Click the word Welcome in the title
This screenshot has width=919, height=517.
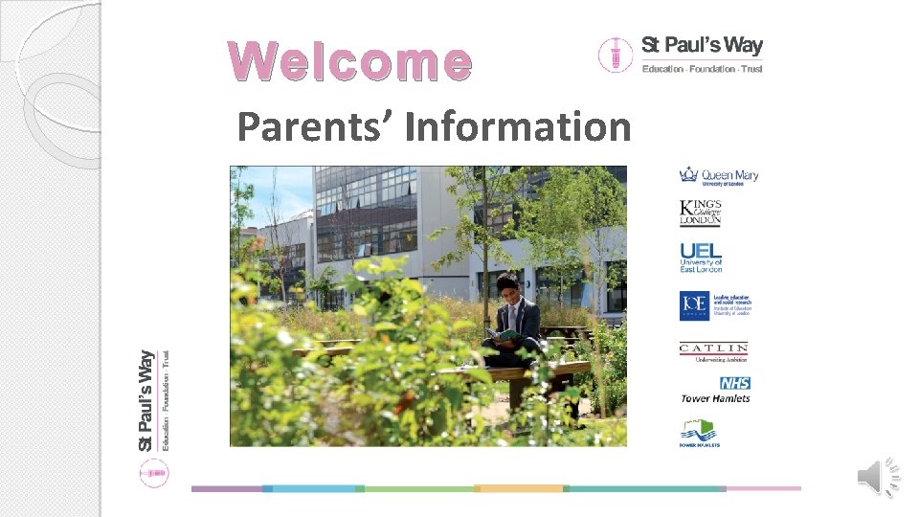(x=350, y=61)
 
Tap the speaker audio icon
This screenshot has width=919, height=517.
(x=880, y=476)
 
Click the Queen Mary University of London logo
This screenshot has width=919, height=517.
(x=718, y=175)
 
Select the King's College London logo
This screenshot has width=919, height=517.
(x=700, y=213)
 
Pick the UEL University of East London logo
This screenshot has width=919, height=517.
(x=701, y=257)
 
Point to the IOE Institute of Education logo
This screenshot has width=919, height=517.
(x=715, y=305)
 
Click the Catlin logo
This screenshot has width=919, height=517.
(x=713, y=351)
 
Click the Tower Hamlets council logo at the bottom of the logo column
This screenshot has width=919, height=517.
(x=699, y=433)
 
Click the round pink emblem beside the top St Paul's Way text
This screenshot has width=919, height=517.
(x=614, y=55)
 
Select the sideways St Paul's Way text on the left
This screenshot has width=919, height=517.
(x=146, y=399)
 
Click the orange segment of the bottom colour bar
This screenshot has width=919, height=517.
(x=520, y=488)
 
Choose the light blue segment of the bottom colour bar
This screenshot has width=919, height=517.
(x=313, y=488)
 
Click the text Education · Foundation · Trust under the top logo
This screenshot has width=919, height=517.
(x=702, y=69)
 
